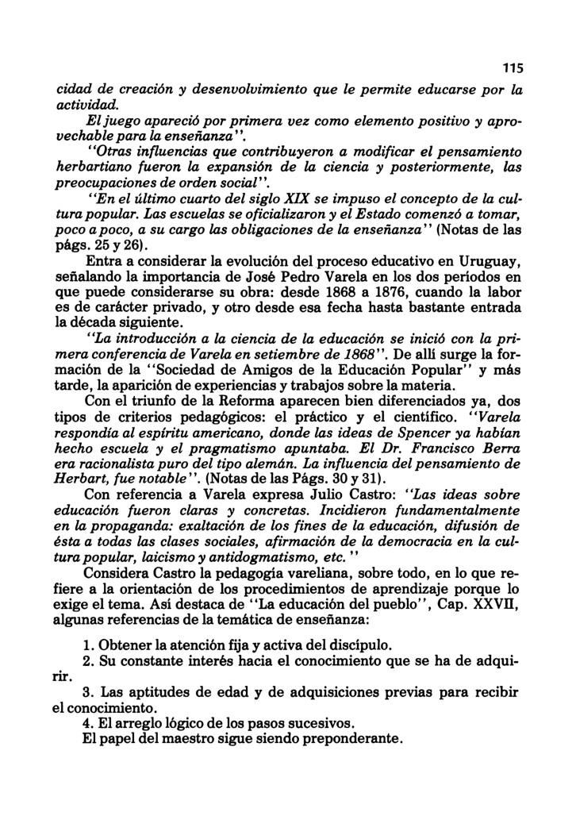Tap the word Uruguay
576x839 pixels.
(x=488, y=263)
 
